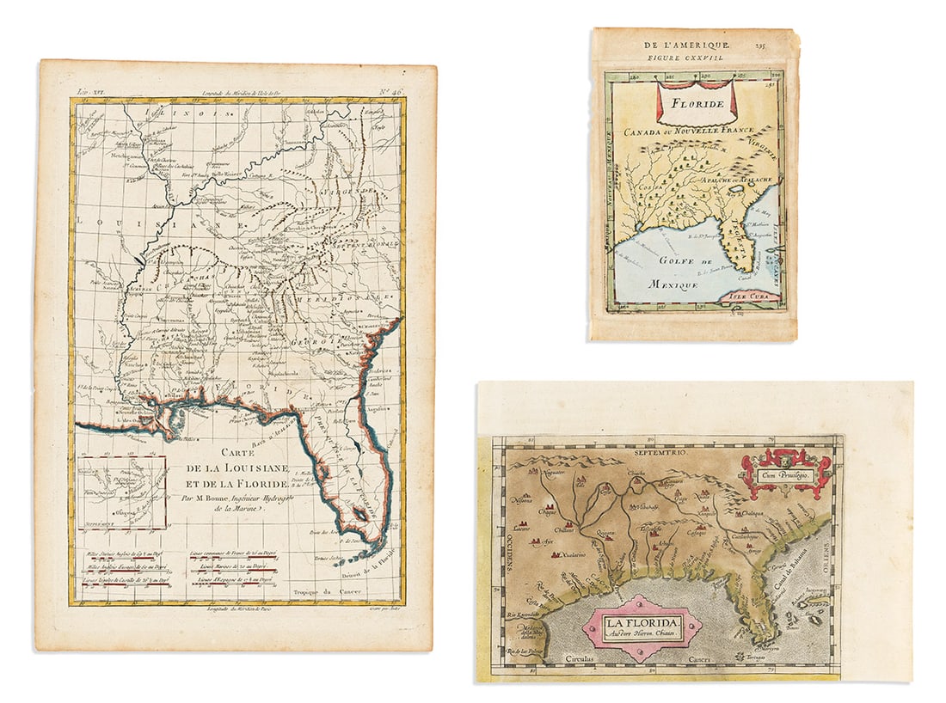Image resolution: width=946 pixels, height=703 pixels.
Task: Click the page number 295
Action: tap(761, 41)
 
